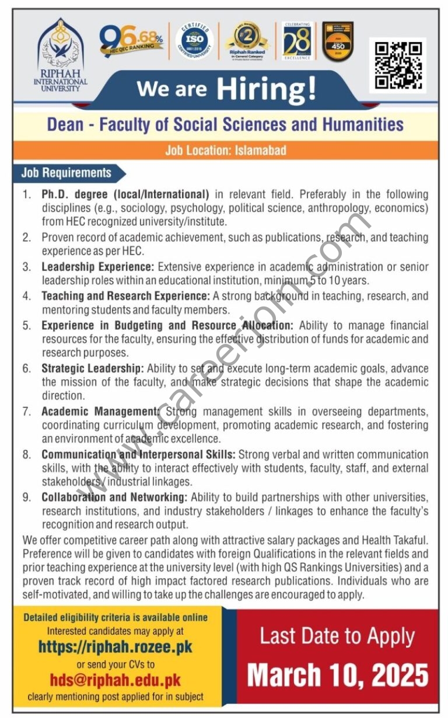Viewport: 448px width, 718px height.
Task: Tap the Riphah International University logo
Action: click(60, 54)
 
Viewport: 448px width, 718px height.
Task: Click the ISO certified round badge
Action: click(194, 41)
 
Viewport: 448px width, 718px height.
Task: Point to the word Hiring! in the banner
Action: click(266, 89)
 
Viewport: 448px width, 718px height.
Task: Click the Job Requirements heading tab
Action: click(66, 173)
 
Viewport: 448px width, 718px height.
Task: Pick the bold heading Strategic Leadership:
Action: click(92, 368)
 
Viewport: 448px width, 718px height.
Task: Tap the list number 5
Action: click(27, 325)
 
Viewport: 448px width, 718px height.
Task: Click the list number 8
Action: click(27, 455)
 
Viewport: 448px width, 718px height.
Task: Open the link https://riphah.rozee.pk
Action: click(115, 647)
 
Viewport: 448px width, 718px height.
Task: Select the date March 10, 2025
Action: click(338, 675)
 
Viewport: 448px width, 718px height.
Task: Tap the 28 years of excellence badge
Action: click(297, 42)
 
